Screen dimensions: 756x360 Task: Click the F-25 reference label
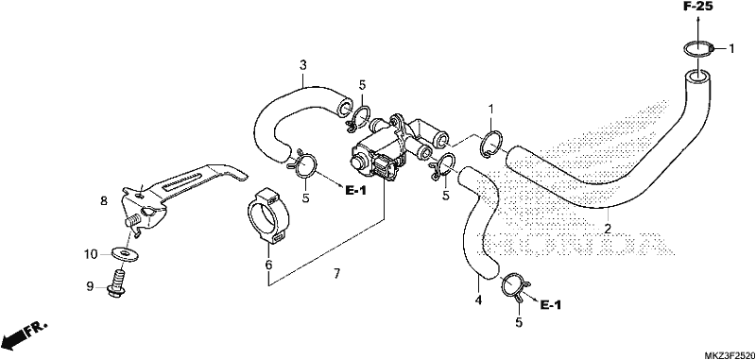point(697,7)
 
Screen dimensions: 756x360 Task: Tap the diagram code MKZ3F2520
point(729,355)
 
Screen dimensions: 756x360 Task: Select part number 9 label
point(89,286)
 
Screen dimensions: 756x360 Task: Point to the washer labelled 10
point(124,252)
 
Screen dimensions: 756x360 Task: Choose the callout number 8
point(104,201)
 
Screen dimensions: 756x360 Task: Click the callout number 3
point(302,65)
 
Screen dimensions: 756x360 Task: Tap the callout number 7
point(336,274)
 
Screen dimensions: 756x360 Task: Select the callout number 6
point(268,265)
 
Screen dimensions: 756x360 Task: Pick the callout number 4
point(478,300)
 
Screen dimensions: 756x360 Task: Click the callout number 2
point(608,228)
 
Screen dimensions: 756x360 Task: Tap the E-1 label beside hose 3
point(356,191)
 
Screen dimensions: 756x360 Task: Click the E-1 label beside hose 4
point(551,304)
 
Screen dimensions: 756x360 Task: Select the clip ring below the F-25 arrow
point(697,49)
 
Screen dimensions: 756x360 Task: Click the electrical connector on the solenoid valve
point(386,168)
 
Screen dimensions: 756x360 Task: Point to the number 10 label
point(91,254)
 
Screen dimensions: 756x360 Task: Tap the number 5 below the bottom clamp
point(518,322)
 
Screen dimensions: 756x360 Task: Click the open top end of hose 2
point(696,76)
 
